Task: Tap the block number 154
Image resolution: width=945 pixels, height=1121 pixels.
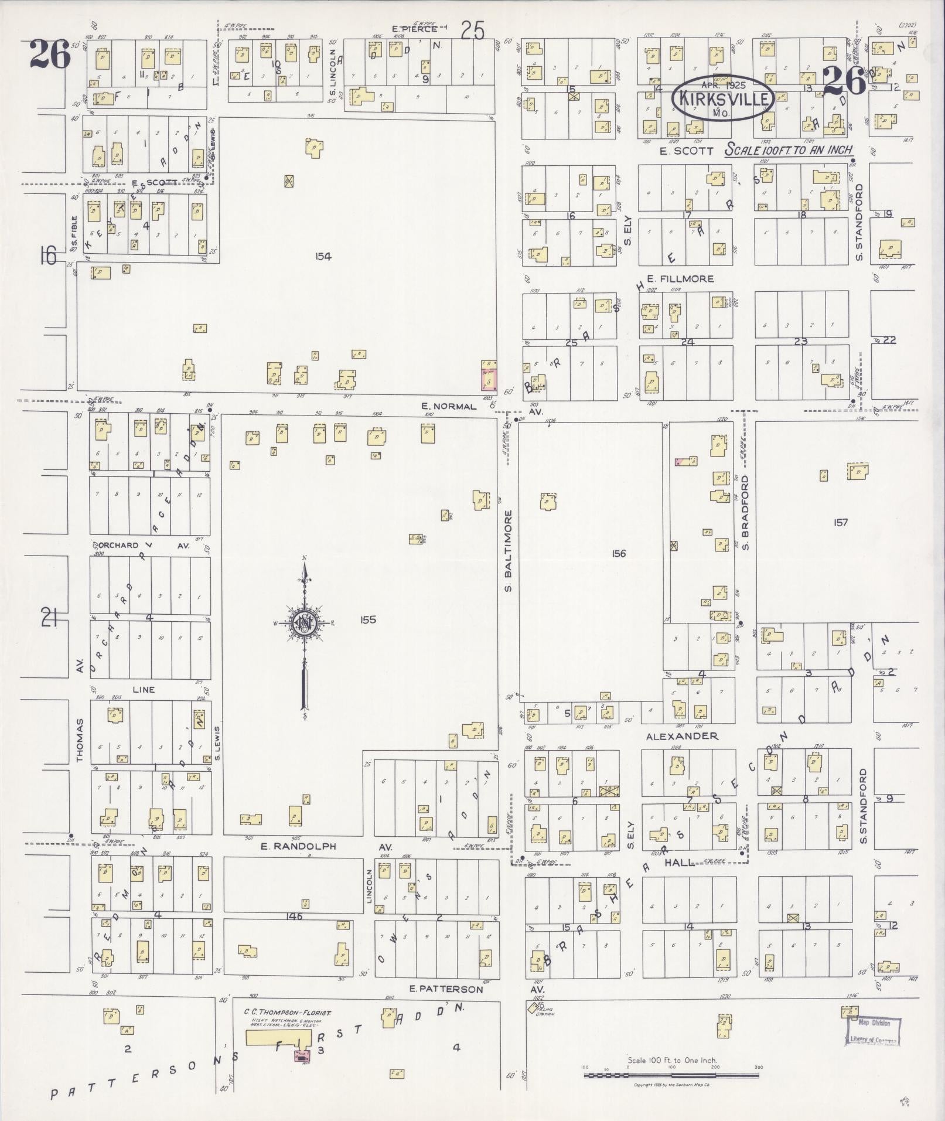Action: click(323, 256)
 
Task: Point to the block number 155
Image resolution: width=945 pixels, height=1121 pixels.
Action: click(368, 620)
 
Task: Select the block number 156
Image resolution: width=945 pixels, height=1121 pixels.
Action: click(619, 553)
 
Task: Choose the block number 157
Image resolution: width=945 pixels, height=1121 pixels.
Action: click(840, 522)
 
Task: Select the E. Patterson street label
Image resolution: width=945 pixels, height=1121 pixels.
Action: click(446, 989)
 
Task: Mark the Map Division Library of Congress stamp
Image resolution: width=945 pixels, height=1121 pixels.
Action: click(873, 1031)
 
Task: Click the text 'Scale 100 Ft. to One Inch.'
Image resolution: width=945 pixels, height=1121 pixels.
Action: click(672, 1060)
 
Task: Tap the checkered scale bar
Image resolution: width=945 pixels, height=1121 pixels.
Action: click(672, 1075)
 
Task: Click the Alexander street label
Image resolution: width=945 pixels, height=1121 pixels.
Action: click(682, 736)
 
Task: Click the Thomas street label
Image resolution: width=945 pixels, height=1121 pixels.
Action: click(80, 741)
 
